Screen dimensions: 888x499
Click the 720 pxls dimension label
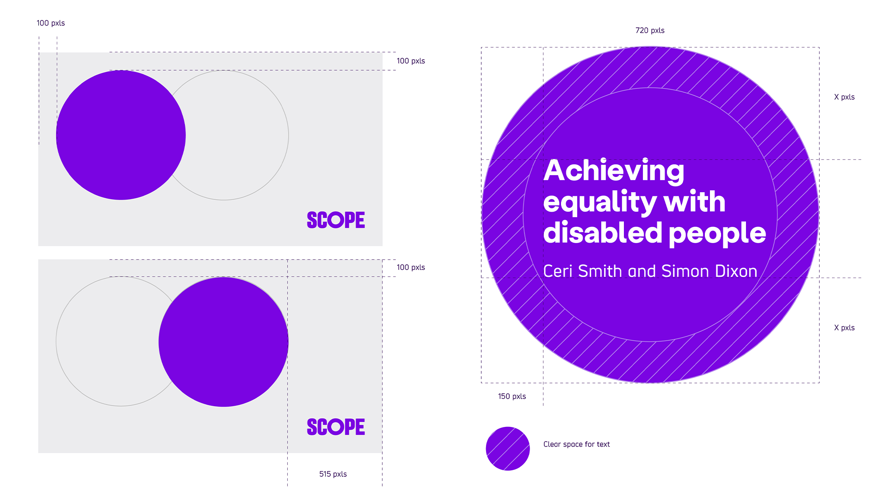(650, 30)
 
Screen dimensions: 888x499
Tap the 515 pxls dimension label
(333, 474)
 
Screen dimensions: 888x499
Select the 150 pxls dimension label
(512, 396)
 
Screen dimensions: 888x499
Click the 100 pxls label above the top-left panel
(51, 23)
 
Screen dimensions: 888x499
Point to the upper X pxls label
(845, 97)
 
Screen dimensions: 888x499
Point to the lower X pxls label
(845, 328)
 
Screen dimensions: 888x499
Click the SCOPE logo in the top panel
(336, 220)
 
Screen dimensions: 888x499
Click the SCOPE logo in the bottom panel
(336, 427)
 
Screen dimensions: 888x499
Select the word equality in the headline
(599, 202)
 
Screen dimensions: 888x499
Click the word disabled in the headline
(603, 232)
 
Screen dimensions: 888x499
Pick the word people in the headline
(717, 234)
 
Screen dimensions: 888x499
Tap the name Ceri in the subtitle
(558, 271)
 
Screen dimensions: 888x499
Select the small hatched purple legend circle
(508, 449)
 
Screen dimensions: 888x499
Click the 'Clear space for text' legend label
(577, 444)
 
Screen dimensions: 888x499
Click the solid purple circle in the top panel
(121, 135)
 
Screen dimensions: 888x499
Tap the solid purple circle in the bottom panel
(223, 342)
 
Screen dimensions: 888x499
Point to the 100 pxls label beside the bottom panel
(411, 268)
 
